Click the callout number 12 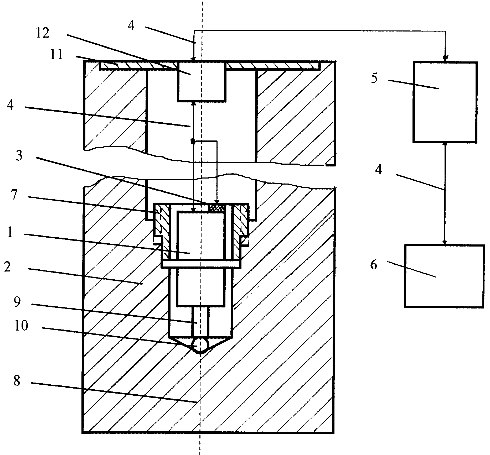tap(42, 34)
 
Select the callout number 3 tap(19, 156)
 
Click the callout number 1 tap(10, 232)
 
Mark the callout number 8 tap(17, 380)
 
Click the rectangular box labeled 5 tap(445, 102)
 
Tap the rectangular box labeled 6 tap(444, 276)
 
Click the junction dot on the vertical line tap(193, 141)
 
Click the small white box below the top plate tap(202, 81)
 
